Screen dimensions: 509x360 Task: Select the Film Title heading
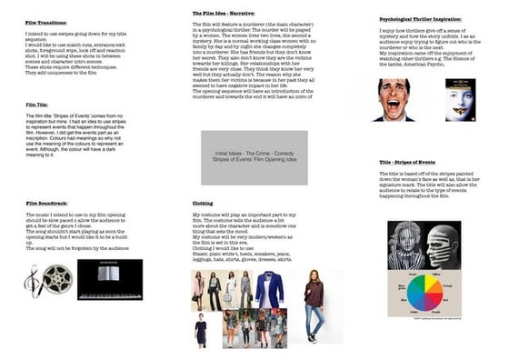point(37,105)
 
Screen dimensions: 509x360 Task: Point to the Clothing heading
point(203,203)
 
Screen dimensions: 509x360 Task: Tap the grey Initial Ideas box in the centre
point(254,157)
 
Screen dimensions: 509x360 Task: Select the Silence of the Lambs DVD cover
point(460,99)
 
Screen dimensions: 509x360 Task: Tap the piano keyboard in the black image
point(109,292)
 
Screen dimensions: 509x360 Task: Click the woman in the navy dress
point(201,329)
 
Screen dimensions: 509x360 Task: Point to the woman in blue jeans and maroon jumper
point(314,305)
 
